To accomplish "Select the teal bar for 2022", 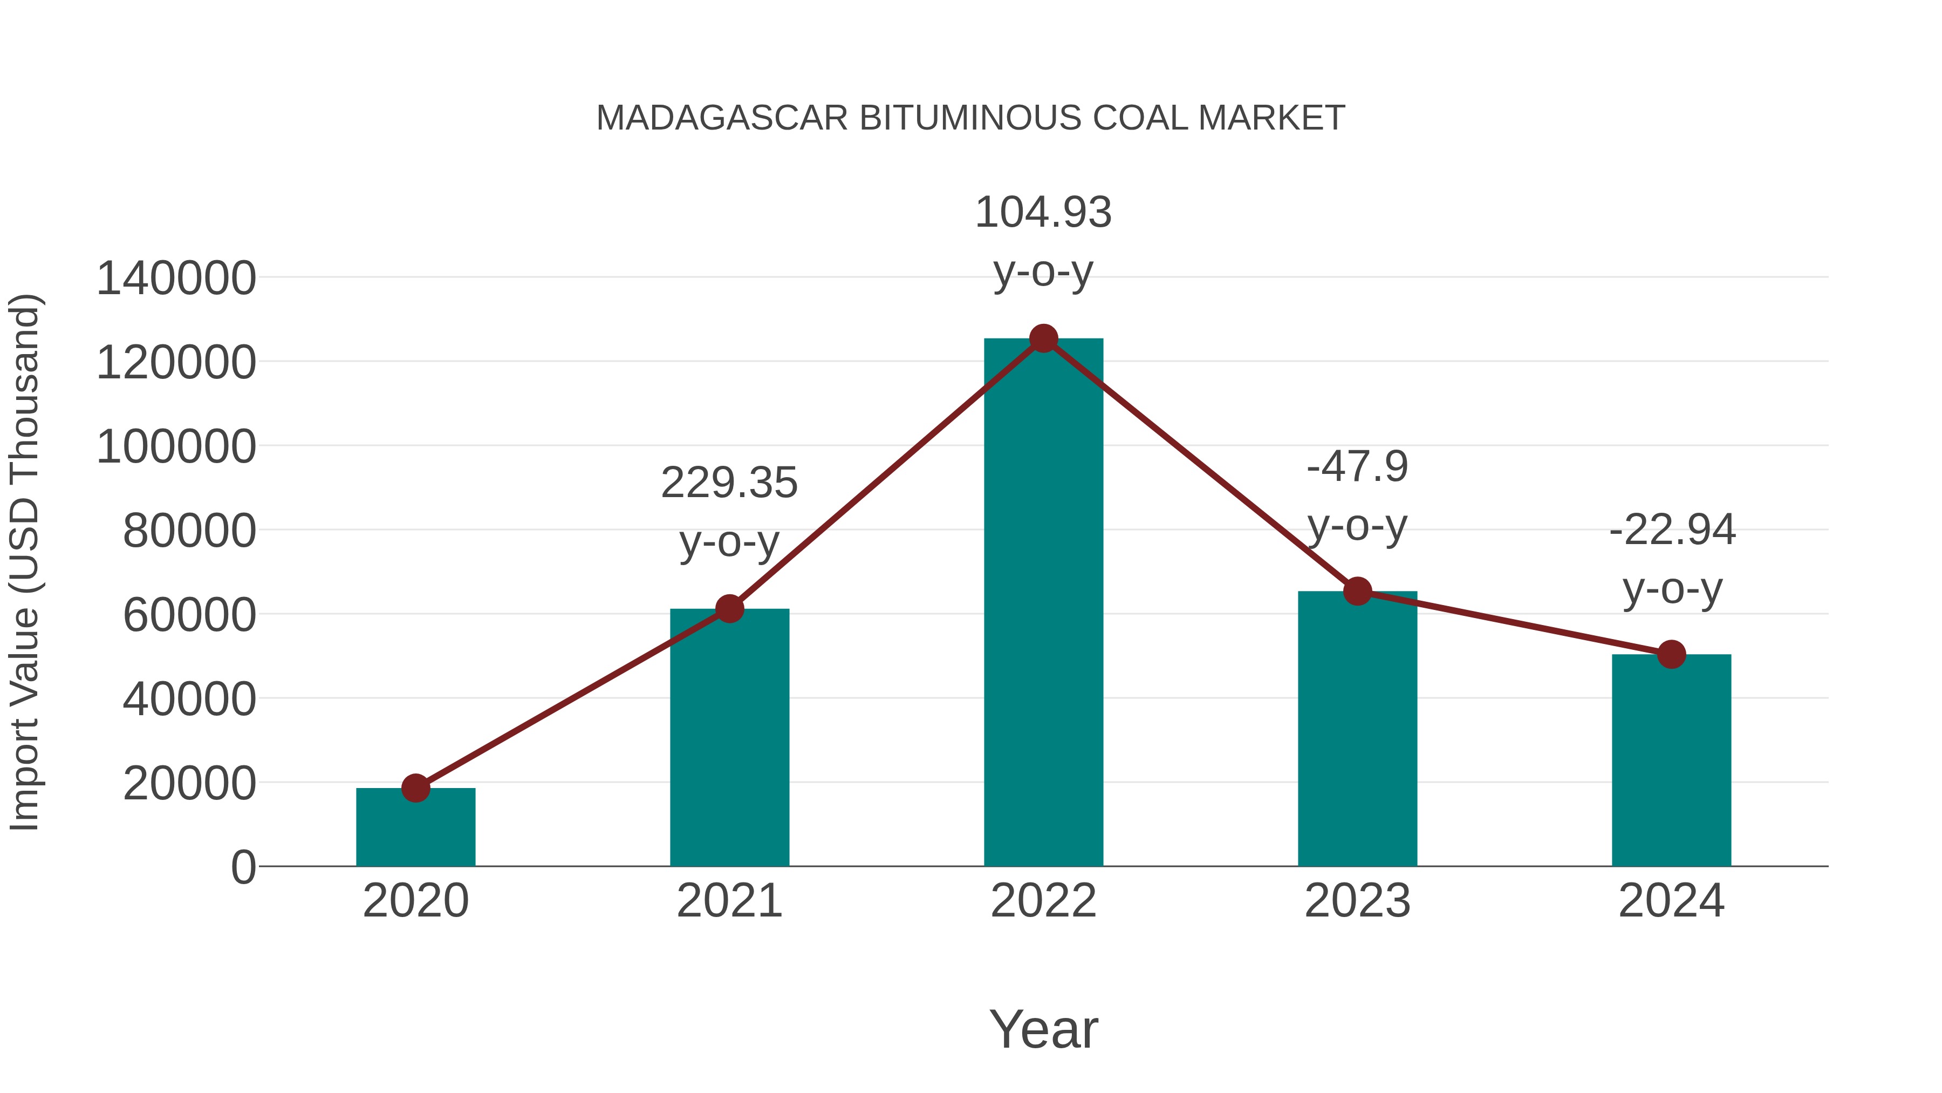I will click(1043, 603).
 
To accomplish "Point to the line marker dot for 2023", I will click(1357, 592).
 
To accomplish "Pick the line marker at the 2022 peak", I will click(1043, 338).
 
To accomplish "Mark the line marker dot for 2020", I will click(415, 788).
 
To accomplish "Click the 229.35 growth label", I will click(729, 483).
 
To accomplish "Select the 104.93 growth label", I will click(1043, 212).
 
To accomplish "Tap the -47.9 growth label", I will click(1357, 466).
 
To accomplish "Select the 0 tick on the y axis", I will click(243, 867).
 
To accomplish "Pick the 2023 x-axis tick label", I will click(1357, 901).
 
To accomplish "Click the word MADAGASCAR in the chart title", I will click(722, 118).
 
